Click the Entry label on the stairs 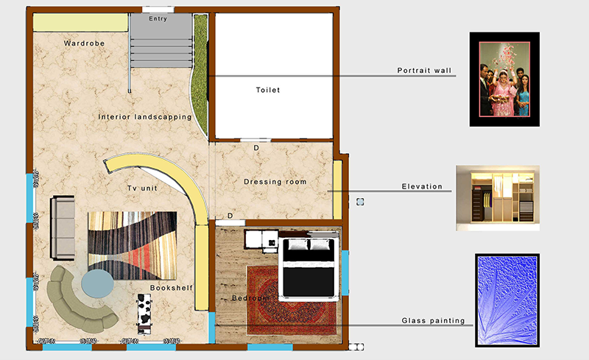pos(158,19)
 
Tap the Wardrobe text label pos(84,43)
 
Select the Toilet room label pos(268,91)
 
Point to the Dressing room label pos(275,182)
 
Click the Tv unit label pos(142,188)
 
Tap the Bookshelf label pos(172,288)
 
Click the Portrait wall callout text pos(424,71)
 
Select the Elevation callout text pos(422,186)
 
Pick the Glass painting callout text pos(433,320)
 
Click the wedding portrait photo pos(504,79)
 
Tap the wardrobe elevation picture pos(498,198)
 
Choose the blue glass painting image pos(507,300)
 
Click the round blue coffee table pos(98,283)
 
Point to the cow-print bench pos(144,314)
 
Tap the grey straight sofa pos(63,227)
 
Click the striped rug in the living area pos(133,245)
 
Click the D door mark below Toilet pos(256,148)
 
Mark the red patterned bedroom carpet pos(292,300)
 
